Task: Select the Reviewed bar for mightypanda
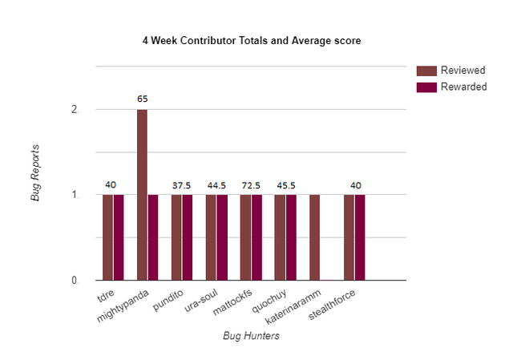(142, 195)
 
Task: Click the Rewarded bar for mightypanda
(153, 237)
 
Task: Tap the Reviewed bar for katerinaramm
(314, 237)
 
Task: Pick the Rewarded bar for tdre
(119, 237)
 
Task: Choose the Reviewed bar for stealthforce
(349, 237)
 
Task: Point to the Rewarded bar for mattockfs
(256, 237)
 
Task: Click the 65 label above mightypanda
(142, 99)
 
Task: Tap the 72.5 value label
(250, 185)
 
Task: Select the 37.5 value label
(181, 185)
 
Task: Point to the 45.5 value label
(285, 185)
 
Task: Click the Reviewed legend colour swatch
(426, 70)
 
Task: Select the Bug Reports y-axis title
(35, 172)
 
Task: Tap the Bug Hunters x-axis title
(251, 336)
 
